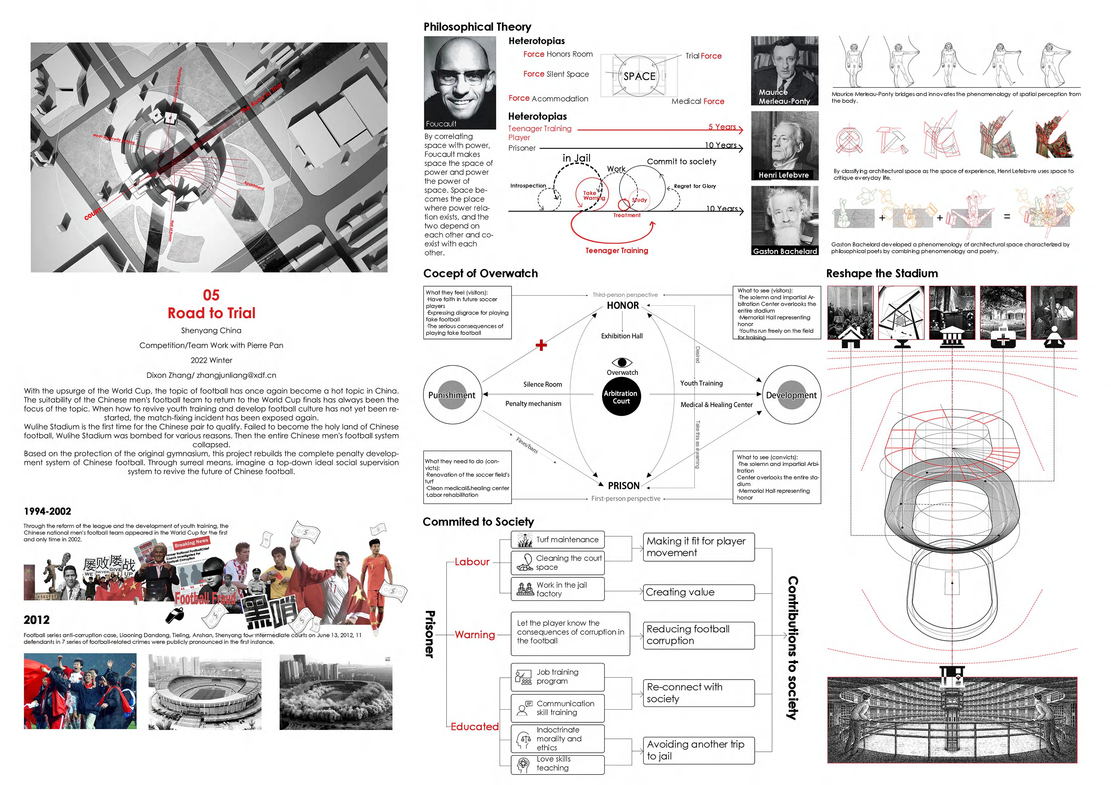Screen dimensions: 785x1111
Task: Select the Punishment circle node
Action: pos(452,395)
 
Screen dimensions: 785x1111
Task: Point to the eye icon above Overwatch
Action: pos(622,362)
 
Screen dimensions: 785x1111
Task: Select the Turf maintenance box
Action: pos(557,540)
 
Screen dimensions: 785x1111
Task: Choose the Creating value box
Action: pos(698,592)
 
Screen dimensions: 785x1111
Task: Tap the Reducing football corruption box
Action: pos(698,635)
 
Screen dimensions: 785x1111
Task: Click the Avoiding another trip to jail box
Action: pos(698,750)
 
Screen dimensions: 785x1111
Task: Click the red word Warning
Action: pos(475,635)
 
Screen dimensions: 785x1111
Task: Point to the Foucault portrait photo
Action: pos(460,82)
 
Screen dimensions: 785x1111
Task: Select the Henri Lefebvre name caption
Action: pos(784,175)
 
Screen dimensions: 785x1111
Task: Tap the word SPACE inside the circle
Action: pos(639,76)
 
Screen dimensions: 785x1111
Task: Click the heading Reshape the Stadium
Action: pos(882,273)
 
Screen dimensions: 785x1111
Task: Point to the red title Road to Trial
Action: pos(212,313)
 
